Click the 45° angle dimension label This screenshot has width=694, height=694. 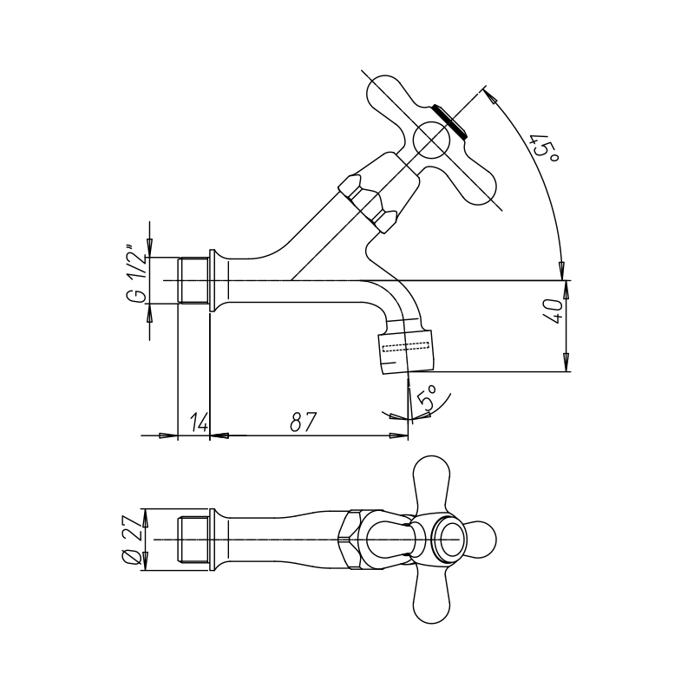tap(546, 147)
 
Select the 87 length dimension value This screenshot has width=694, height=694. tap(304, 422)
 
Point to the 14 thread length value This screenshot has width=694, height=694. tap(200, 422)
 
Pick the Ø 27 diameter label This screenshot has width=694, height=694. tap(133, 540)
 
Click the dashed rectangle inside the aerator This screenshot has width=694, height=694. tap(406, 347)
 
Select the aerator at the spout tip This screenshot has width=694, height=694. tap(404, 349)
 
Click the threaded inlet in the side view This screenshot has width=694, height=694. tap(193, 280)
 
